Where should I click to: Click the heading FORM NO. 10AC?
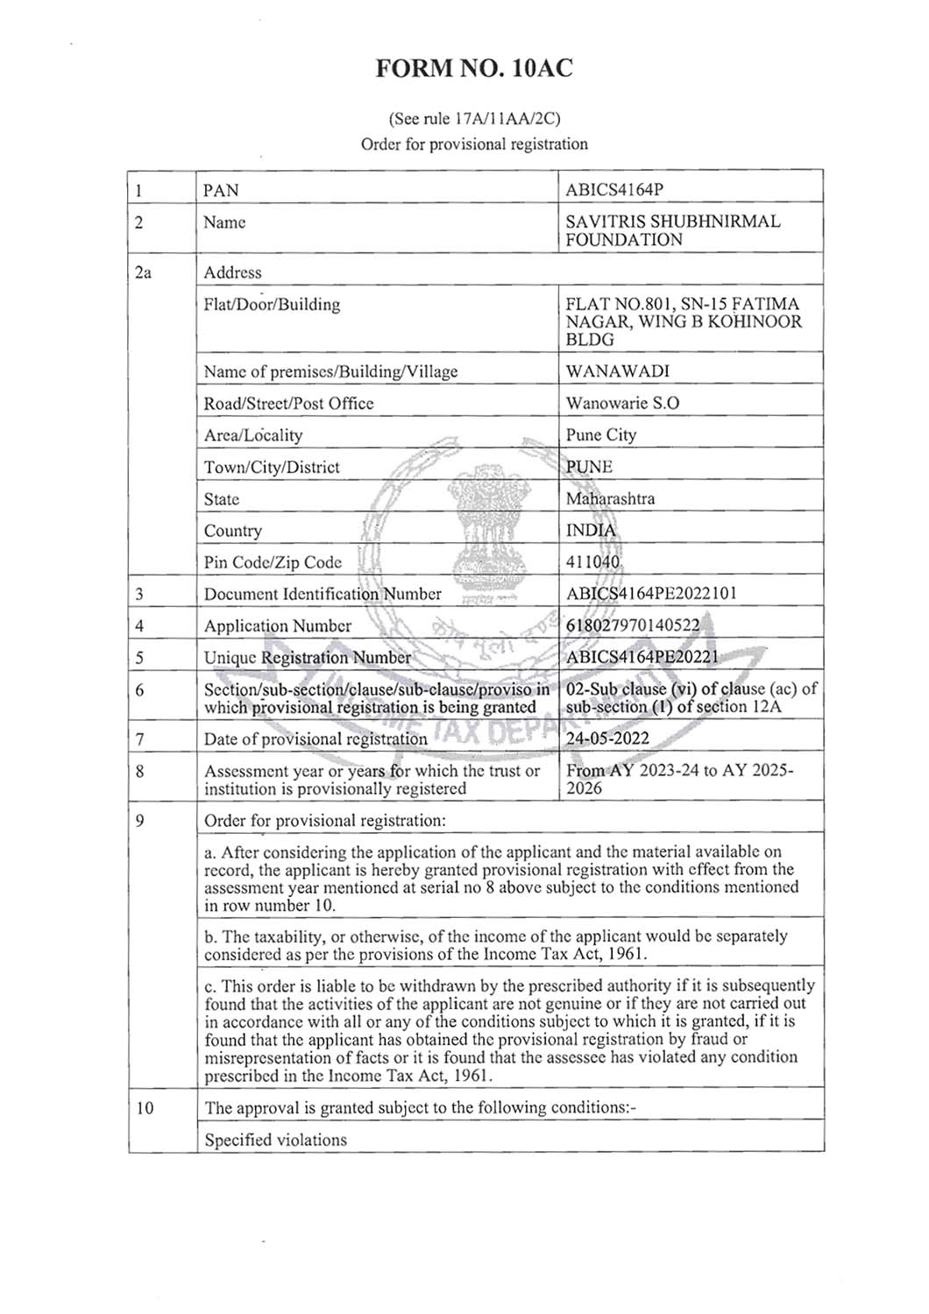(473, 69)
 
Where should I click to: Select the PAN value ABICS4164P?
(621, 190)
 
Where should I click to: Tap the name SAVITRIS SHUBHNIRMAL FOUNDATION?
(672, 230)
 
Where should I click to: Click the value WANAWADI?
(617, 371)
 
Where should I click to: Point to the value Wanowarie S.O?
(622, 403)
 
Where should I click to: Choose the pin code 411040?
(592, 562)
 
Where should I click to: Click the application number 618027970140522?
(633, 625)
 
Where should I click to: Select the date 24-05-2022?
(607, 738)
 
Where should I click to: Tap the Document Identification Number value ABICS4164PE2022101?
(651, 593)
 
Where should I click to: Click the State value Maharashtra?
(610, 498)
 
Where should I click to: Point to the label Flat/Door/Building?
(272, 305)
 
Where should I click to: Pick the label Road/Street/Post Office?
(288, 403)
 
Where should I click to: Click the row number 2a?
(143, 272)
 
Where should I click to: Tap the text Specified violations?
(275, 1140)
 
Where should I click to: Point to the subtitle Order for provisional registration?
(474, 144)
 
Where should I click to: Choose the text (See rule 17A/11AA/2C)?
(474, 118)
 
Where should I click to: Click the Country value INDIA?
(591, 530)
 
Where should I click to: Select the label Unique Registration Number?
(307, 657)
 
